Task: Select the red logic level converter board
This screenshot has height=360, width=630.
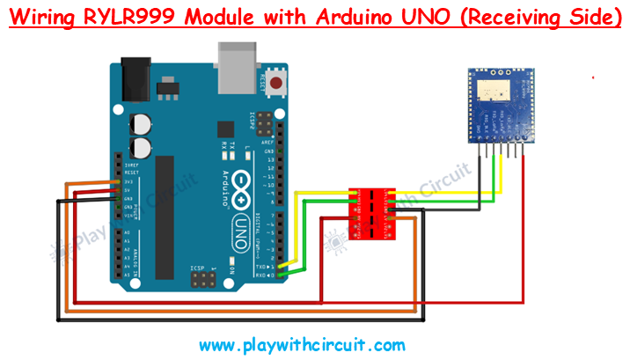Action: coord(372,212)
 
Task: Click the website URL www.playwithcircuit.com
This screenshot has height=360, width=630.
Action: coord(302,345)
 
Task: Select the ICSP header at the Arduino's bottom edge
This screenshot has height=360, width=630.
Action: coord(203,281)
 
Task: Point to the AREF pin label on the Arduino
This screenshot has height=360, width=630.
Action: coord(268,141)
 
